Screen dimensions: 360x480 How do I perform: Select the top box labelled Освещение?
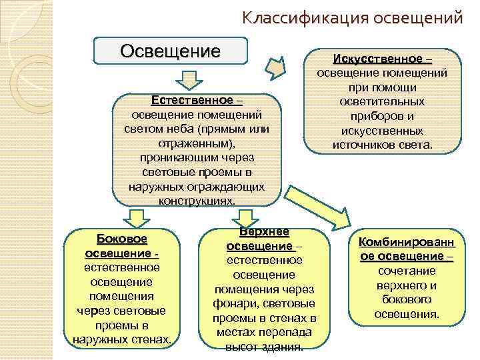click(x=170, y=51)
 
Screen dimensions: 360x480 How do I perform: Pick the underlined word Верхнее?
click(x=264, y=231)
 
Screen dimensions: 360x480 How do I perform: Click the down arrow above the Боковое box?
click(x=137, y=217)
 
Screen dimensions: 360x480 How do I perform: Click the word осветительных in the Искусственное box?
click(x=381, y=102)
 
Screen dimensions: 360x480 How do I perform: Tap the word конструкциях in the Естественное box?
click(x=197, y=201)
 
